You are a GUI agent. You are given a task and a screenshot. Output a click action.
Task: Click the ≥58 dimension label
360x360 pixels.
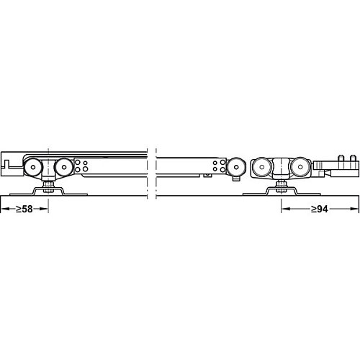click(24, 209)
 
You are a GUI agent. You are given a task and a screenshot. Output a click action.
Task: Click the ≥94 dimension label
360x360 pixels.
click(320, 209)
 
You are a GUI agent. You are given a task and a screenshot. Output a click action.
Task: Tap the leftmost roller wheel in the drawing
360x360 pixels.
click(33, 167)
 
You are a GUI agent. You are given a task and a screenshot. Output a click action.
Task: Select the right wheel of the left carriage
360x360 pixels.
click(64, 167)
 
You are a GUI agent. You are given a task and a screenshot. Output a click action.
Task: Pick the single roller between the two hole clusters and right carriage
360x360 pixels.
click(236, 167)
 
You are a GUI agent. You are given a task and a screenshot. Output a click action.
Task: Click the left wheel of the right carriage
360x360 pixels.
click(262, 167)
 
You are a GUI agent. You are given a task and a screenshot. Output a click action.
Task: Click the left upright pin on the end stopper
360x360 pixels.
click(341, 158)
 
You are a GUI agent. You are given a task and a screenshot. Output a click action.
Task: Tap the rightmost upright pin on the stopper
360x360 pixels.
click(353, 158)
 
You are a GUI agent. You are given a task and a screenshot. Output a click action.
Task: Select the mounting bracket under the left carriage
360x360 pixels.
click(48, 192)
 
